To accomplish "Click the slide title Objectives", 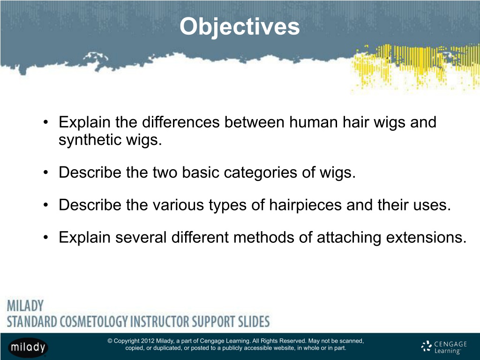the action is click(240, 27).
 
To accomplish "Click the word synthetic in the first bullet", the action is click(90, 140).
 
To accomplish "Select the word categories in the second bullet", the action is click(261, 172).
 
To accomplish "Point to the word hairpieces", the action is click(305, 205).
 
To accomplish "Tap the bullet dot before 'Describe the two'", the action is click(45, 172).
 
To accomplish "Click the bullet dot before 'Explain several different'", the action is click(45, 238).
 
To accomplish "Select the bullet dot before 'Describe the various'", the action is click(45, 205).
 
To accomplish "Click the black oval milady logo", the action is click(28, 347).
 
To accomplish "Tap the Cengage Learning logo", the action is click(444, 347).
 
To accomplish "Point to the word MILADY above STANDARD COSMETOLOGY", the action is click(25, 306).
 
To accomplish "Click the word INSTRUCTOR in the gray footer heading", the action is click(159, 322).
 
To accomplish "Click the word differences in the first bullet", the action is click(181, 122).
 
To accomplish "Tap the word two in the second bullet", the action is click(165, 172).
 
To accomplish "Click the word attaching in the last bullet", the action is click(349, 237).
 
